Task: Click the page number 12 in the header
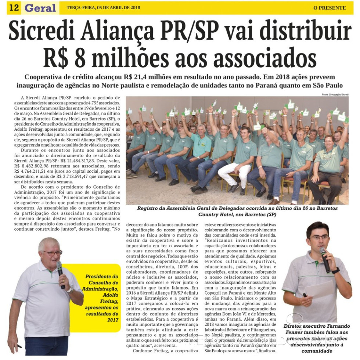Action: point(14,8)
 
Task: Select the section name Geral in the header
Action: point(40,8)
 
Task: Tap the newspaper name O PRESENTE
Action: point(330,8)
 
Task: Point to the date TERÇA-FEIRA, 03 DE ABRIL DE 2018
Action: point(104,8)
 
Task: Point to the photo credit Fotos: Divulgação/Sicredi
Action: point(335,95)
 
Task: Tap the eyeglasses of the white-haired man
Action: point(53,253)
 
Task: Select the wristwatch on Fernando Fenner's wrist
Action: point(335,271)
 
